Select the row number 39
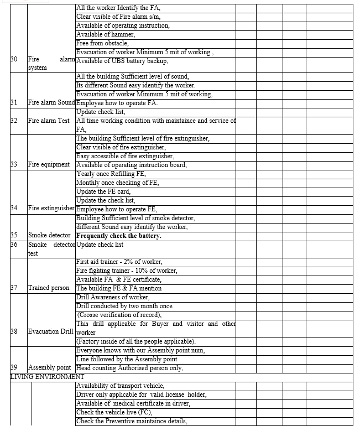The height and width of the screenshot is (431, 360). (14, 368)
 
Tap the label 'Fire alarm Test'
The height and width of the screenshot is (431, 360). (49, 121)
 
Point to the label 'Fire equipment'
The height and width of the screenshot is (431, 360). (49, 165)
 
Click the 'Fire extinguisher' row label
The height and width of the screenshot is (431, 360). (51, 209)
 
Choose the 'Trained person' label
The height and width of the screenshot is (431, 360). (49, 288)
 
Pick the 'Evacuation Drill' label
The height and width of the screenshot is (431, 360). (50, 332)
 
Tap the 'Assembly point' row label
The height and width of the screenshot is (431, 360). (49, 368)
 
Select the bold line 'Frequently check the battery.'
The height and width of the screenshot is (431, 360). (118, 236)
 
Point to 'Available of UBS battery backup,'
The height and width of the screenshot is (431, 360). (122, 61)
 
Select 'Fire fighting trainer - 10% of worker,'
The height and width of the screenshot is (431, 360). (127, 271)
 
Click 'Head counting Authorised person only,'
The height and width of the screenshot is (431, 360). (129, 368)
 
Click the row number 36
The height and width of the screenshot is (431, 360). (14, 244)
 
